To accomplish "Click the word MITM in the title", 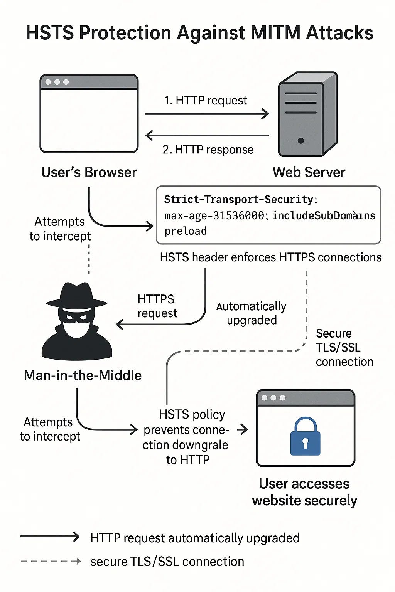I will tap(275, 33).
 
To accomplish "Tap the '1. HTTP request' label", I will tap(206, 101).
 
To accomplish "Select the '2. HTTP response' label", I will tap(208, 150).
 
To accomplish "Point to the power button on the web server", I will tap(301, 141).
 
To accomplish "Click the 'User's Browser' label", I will tap(89, 172).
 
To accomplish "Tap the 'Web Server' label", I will tap(309, 172).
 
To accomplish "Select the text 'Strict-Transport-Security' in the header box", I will tap(239, 199).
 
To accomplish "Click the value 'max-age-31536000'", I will tap(214, 215).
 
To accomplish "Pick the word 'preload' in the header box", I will tap(186, 231).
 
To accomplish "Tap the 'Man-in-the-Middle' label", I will tap(83, 375).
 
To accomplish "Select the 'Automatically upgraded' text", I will tap(252, 313).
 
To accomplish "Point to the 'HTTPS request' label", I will tap(157, 306).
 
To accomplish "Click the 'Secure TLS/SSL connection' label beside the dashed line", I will tap(344, 348).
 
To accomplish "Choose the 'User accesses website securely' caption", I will tap(304, 492).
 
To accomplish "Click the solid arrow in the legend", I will tap(50, 537).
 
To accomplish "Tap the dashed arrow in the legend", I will tap(50, 561).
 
